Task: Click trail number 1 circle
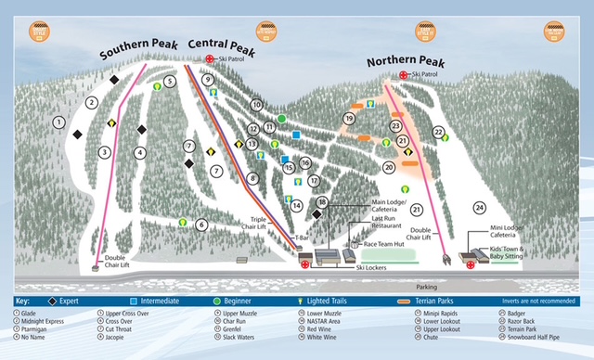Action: pyautogui.click(x=58, y=122)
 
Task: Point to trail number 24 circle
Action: pyautogui.click(x=480, y=207)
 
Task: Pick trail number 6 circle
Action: pyautogui.click(x=201, y=225)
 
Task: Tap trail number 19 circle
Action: pyautogui.click(x=349, y=119)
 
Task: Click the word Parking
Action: pyautogui.click(x=428, y=287)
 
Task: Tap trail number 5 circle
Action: pyautogui.click(x=170, y=82)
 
